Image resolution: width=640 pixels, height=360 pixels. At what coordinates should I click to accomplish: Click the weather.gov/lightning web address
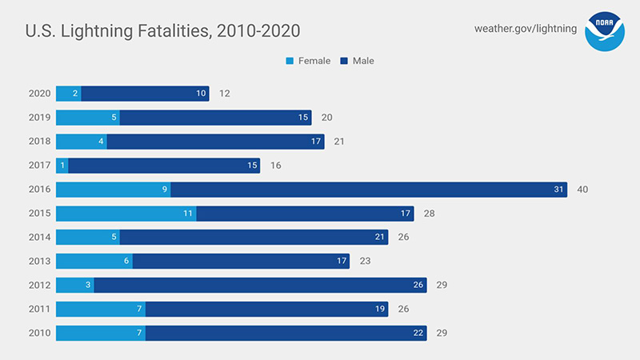(x=525, y=29)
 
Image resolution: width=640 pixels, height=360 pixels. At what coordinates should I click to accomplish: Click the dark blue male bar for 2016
(x=369, y=190)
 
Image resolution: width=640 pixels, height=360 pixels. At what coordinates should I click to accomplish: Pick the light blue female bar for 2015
(x=126, y=214)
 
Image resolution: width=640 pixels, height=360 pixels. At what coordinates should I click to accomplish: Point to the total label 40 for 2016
(x=583, y=190)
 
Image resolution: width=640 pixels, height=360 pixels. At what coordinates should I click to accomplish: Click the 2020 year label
(x=39, y=94)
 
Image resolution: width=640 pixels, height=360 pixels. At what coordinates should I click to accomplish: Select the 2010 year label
(x=39, y=333)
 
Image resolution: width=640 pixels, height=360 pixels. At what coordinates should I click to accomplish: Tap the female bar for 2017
(x=62, y=166)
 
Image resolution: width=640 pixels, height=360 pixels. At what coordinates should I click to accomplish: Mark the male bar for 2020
(x=145, y=94)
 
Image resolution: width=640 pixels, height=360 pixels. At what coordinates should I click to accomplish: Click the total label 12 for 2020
(x=225, y=94)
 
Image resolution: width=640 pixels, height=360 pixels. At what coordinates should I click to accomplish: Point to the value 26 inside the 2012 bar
(x=418, y=285)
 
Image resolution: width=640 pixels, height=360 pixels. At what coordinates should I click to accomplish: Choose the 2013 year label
(x=39, y=261)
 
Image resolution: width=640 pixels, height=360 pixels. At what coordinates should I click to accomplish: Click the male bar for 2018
(x=215, y=142)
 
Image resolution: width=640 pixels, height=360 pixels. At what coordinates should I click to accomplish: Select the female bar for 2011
(x=100, y=309)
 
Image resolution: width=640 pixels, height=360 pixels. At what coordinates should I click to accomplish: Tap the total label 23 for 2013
(x=366, y=261)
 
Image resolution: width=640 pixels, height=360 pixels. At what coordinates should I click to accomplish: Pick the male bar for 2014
(x=254, y=237)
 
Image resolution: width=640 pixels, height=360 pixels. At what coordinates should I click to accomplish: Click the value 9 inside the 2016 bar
(x=164, y=190)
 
